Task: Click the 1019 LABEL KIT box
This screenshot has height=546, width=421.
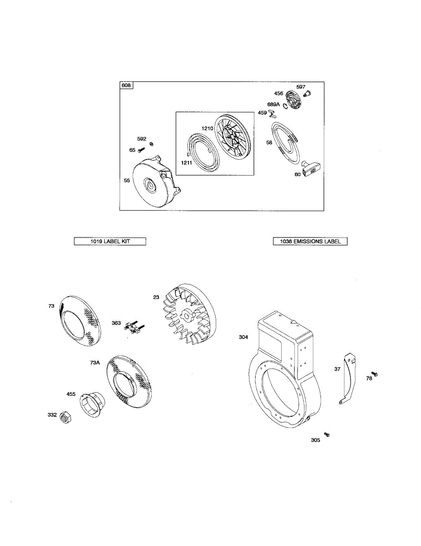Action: (110, 242)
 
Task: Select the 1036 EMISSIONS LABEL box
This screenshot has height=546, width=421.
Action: (310, 242)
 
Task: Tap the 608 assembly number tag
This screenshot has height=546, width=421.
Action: (126, 86)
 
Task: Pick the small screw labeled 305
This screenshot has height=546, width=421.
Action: (326, 435)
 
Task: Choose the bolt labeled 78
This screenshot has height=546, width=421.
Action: (375, 374)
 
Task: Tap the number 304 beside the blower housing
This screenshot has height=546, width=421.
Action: (243, 337)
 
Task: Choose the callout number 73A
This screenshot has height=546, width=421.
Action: (95, 363)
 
